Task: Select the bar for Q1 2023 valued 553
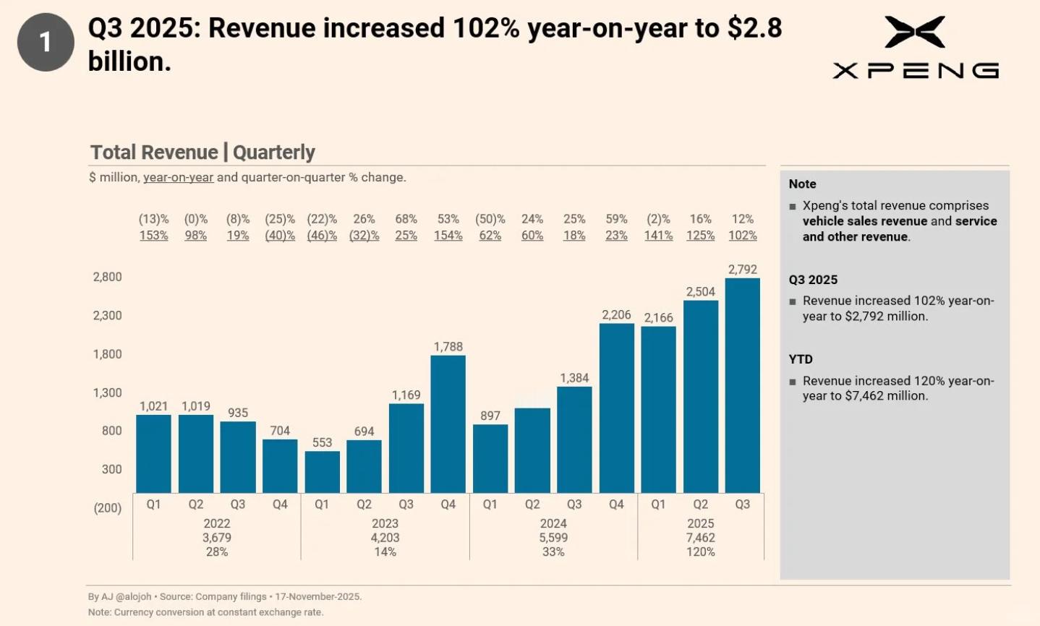(x=322, y=472)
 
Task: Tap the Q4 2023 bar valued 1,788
(x=448, y=424)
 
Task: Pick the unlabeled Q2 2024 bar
(x=532, y=450)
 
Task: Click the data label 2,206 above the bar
(x=616, y=315)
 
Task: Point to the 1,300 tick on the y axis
(x=107, y=393)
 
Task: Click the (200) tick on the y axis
(x=107, y=508)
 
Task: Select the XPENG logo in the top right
(x=915, y=48)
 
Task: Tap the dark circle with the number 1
(x=46, y=42)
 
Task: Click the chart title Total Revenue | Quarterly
(x=203, y=153)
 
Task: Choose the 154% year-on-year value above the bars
(x=448, y=236)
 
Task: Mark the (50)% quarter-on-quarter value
(x=490, y=219)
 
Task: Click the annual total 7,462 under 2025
(x=700, y=538)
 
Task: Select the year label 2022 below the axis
(x=217, y=523)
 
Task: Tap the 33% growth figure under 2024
(x=553, y=552)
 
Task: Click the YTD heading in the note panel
(x=801, y=359)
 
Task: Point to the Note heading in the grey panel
(x=802, y=184)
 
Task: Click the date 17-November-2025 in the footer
(x=318, y=597)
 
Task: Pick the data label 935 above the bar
(x=238, y=413)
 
